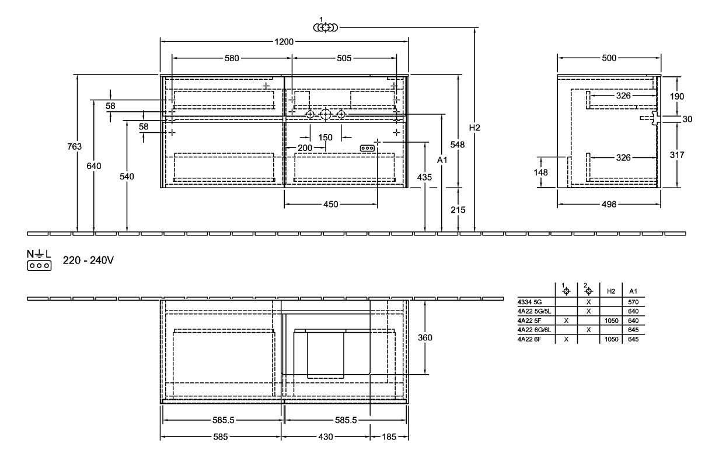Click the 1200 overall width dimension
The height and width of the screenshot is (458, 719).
click(285, 42)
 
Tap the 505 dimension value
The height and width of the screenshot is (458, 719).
click(344, 58)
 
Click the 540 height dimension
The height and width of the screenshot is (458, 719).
click(127, 177)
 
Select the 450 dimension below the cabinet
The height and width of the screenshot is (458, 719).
click(331, 205)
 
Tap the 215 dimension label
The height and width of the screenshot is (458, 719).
click(458, 210)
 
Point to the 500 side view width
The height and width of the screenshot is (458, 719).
click(609, 58)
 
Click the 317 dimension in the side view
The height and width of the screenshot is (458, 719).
click(677, 155)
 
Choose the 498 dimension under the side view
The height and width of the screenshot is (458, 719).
click(609, 205)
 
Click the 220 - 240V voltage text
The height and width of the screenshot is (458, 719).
click(88, 260)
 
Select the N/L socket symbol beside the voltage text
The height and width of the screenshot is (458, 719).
click(39, 260)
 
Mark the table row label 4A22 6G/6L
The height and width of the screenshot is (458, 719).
click(534, 329)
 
